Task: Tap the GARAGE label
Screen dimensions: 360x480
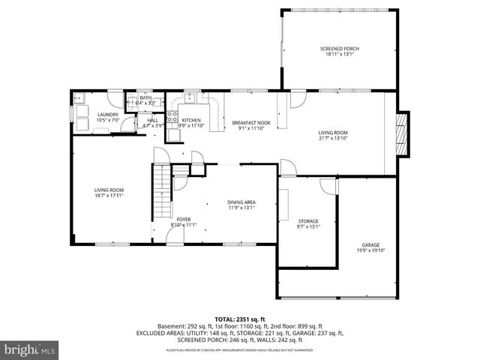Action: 370,245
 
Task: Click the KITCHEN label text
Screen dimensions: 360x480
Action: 191,120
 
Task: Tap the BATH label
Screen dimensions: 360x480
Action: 145,97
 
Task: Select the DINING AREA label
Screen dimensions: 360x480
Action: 241,202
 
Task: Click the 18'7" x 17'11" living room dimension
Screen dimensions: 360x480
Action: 109,196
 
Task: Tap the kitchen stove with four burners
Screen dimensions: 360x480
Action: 172,116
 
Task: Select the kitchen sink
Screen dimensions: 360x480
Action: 188,97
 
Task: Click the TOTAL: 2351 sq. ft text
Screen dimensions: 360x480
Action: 239,319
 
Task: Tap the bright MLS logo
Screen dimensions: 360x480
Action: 28,349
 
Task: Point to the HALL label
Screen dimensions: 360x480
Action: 152,120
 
